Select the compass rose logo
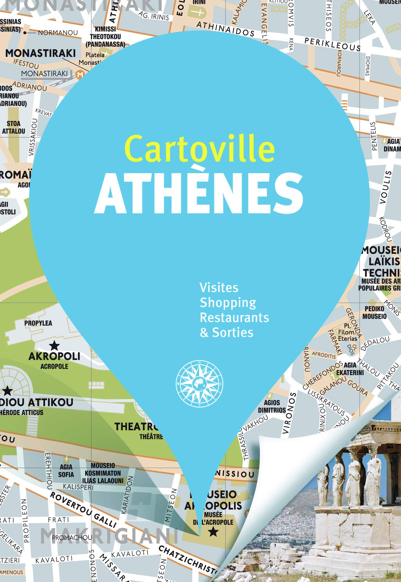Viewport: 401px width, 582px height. (x=199, y=384)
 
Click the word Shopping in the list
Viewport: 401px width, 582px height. (x=228, y=302)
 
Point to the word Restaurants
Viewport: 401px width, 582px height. (x=234, y=317)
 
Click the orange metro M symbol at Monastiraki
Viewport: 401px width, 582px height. (x=80, y=74)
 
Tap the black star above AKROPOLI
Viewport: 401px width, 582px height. (x=54, y=345)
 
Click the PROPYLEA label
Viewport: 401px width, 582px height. (x=38, y=323)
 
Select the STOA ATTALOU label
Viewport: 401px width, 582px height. (x=13, y=127)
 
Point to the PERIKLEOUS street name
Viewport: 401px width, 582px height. (x=332, y=44)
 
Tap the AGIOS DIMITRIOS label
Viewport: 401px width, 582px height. (x=272, y=406)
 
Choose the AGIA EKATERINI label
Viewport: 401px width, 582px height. (x=350, y=369)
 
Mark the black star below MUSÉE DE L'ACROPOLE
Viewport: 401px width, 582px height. (x=213, y=531)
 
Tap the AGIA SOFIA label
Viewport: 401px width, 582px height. (x=66, y=471)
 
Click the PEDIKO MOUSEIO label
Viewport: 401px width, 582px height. (x=374, y=312)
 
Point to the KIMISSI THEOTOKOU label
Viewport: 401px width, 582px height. (x=105, y=37)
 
